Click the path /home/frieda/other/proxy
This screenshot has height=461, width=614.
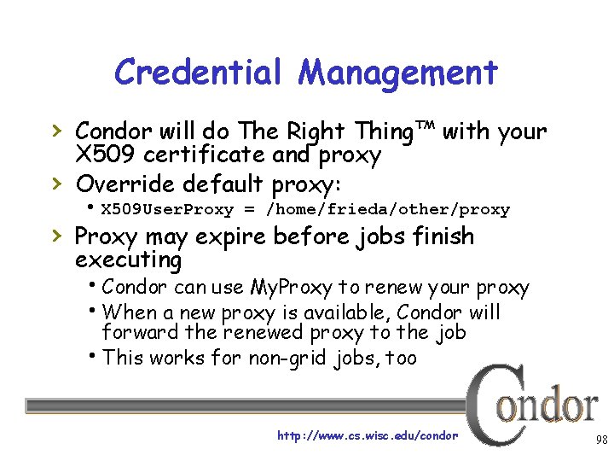[388, 209]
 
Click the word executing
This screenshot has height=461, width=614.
[128, 260]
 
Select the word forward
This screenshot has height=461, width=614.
[139, 333]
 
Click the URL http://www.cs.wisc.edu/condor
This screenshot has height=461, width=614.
[368, 435]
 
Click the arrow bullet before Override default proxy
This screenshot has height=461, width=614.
[56, 183]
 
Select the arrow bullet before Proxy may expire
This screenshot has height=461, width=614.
[56, 236]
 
